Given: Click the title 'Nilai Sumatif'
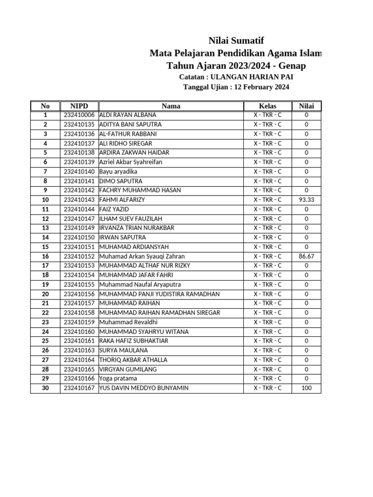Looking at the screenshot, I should click(236, 40).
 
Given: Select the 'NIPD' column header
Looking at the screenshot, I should click(79, 106).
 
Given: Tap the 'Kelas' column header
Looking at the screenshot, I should click(267, 106).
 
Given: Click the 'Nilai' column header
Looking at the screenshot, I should click(306, 106).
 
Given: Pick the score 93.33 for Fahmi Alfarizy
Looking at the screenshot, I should click(306, 200).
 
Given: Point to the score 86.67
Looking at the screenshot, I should click(306, 256).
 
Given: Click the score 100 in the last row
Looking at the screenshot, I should click(306, 388).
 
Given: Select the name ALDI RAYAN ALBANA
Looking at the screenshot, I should click(128, 115).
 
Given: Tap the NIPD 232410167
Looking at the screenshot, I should click(79, 388).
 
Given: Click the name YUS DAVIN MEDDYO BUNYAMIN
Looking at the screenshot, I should click(144, 388).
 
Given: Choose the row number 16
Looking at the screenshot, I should click(45, 256).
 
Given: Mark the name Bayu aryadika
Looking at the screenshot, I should click(118, 172).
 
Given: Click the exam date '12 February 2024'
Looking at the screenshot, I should click(262, 87).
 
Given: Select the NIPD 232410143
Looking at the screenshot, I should click(79, 200).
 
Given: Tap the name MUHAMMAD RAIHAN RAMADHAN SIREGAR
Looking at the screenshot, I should click(160, 313).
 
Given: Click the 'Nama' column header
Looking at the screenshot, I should click(171, 106).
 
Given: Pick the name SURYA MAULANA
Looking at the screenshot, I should click(123, 350).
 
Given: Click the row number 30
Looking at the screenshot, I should click(45, 388).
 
